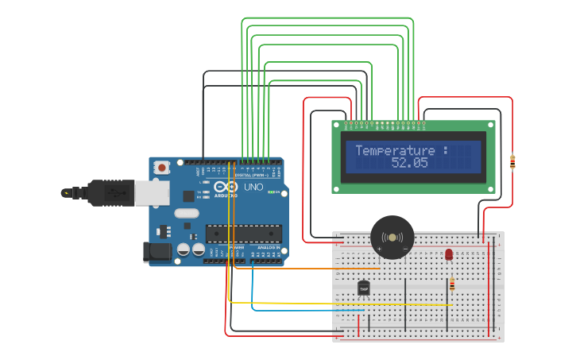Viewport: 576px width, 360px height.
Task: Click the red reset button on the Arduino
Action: pos(162,167)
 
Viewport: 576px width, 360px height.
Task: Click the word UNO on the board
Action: pos(253,188)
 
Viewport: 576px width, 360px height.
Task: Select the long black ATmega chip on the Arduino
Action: pos(243,233)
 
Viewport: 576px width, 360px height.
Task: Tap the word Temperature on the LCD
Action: pos(395,150)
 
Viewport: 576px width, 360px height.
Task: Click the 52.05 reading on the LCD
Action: pos(409,163)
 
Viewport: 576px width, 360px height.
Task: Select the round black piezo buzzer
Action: pos(392,237)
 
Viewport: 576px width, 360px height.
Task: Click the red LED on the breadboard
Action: pos(449,254)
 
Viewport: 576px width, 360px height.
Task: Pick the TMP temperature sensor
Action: pos(364,288)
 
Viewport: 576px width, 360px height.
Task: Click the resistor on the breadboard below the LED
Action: pos(452,284)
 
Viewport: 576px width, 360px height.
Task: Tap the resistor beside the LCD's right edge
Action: pos(512,162)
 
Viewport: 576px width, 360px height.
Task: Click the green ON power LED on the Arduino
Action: pos(270,192)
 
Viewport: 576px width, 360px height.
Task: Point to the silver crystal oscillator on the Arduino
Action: pos(186,213)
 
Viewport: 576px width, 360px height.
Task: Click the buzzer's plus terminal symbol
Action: pos(379,249)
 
